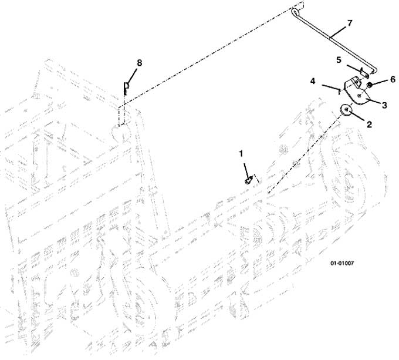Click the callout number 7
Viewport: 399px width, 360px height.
350,23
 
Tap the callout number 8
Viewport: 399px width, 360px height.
140,63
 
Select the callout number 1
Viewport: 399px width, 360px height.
241,154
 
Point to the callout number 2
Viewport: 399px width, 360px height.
369,125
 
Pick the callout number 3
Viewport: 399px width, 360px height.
384,105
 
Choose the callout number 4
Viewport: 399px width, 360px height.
313,81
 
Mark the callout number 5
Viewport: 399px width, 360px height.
339,60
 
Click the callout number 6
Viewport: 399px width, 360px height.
393,79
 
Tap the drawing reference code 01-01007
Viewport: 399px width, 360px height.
342,263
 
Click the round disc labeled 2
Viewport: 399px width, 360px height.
346,110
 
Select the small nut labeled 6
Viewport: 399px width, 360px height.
370,85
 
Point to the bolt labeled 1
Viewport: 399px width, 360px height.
248,180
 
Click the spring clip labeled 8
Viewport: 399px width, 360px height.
126,88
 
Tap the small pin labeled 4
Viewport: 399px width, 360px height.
339,91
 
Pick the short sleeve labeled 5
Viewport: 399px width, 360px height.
365,73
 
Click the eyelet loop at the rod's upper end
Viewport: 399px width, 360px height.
295,12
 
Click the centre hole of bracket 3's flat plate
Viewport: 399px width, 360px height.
359,96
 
